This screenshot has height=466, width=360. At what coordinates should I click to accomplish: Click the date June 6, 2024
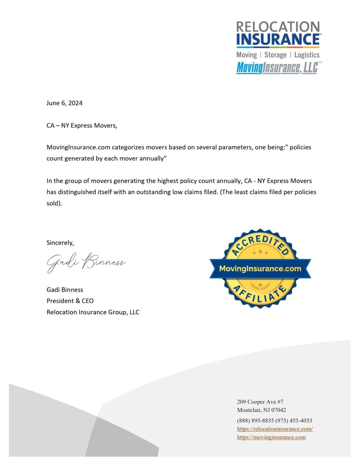click(64, 103)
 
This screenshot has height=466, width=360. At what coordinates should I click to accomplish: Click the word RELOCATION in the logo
click(278, 27)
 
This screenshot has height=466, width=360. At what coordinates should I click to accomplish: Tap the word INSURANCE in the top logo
click(278, 39)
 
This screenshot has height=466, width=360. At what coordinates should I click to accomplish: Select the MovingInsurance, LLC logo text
click(277, 68)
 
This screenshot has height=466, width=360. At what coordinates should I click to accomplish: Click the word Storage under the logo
click(275, 55)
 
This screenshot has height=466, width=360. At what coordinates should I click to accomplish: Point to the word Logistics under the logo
click(307, 55)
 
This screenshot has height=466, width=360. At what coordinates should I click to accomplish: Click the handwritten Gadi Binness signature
click(86, 263)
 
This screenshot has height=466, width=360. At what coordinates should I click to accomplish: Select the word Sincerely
click(60, 243)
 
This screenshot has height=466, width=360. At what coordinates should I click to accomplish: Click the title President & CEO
click(70, 301)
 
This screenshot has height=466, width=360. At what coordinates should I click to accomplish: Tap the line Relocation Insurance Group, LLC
click(93, 312)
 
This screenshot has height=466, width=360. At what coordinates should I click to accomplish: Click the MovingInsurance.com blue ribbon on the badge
click(260, 269)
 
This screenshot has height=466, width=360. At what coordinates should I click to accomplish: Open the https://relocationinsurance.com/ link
click(275, 429)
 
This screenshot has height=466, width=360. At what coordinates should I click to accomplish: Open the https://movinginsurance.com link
click(271, 437)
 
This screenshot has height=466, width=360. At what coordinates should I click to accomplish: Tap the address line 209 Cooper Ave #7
click(260, 402)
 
